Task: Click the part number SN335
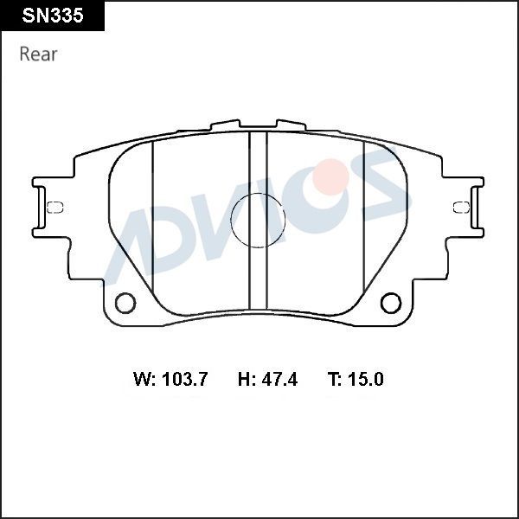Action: (53, 16)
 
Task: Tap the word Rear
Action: (38, 54)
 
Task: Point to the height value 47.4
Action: (279, 379)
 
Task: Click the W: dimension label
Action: (144, 379)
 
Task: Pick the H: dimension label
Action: (247, 379)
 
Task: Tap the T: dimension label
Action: (336, 379)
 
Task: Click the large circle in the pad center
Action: (258, 220)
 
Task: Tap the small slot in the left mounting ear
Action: (54, 206)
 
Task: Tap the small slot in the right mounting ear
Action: (462, 206)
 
